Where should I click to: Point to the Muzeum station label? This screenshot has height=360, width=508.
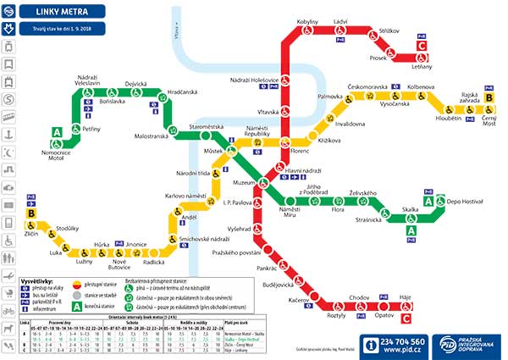click(245, 182)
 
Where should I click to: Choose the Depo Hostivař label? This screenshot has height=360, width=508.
click(464, 201)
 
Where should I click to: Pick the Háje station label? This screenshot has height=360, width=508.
click(405, 298)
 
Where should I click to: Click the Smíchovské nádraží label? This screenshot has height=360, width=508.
click(207, 240)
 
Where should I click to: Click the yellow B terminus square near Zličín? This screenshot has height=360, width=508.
click(31, 214)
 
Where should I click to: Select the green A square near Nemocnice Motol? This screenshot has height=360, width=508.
click(57, 132)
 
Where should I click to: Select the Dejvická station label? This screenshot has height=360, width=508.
click(136, 84)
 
